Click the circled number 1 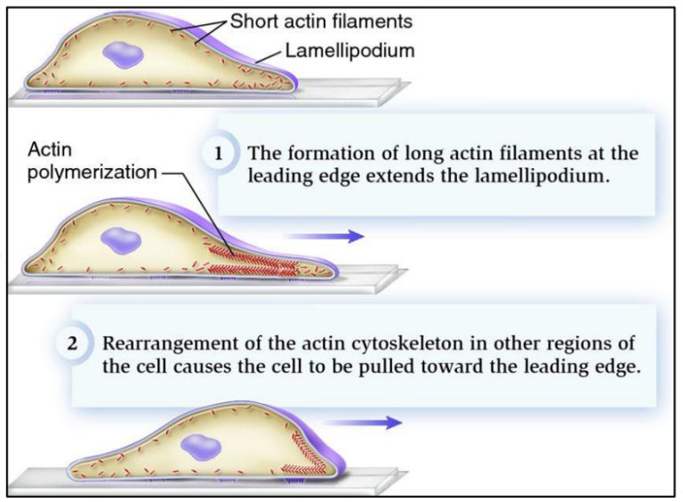(x=219, y=153)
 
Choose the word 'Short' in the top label (x=250, y=20)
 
